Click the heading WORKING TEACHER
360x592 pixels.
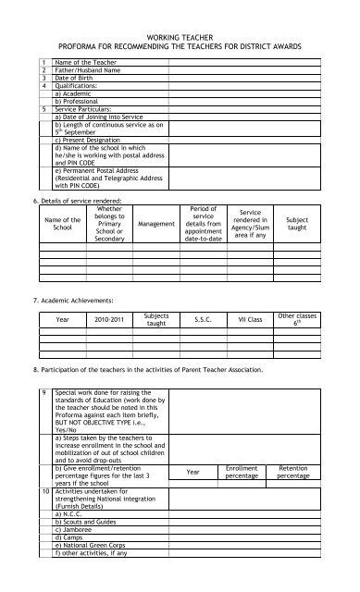tap(180, 31)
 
